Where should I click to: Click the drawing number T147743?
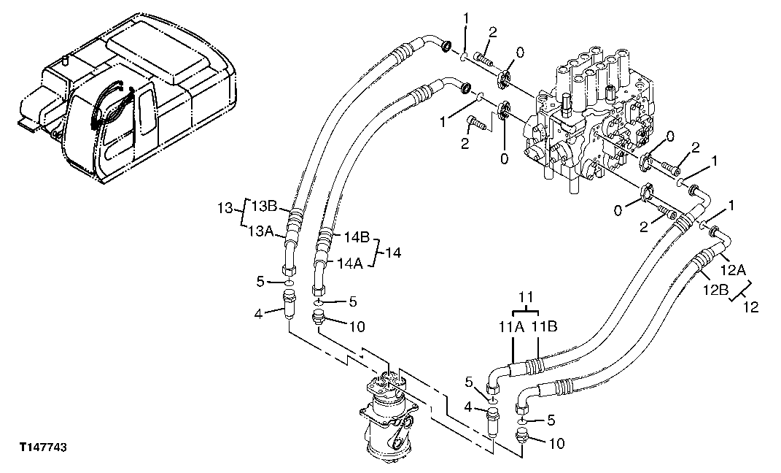(43, 446)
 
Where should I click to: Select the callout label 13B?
(265, 206)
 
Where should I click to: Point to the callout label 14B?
(357, 237)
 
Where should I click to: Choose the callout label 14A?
(350, 264)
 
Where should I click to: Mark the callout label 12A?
(734, 270)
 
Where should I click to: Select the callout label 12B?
(716, 290)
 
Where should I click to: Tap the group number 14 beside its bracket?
(394, 253)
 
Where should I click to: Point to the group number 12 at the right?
(750, 307)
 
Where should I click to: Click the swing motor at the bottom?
(391, 416)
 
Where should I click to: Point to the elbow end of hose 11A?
(496, 375)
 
